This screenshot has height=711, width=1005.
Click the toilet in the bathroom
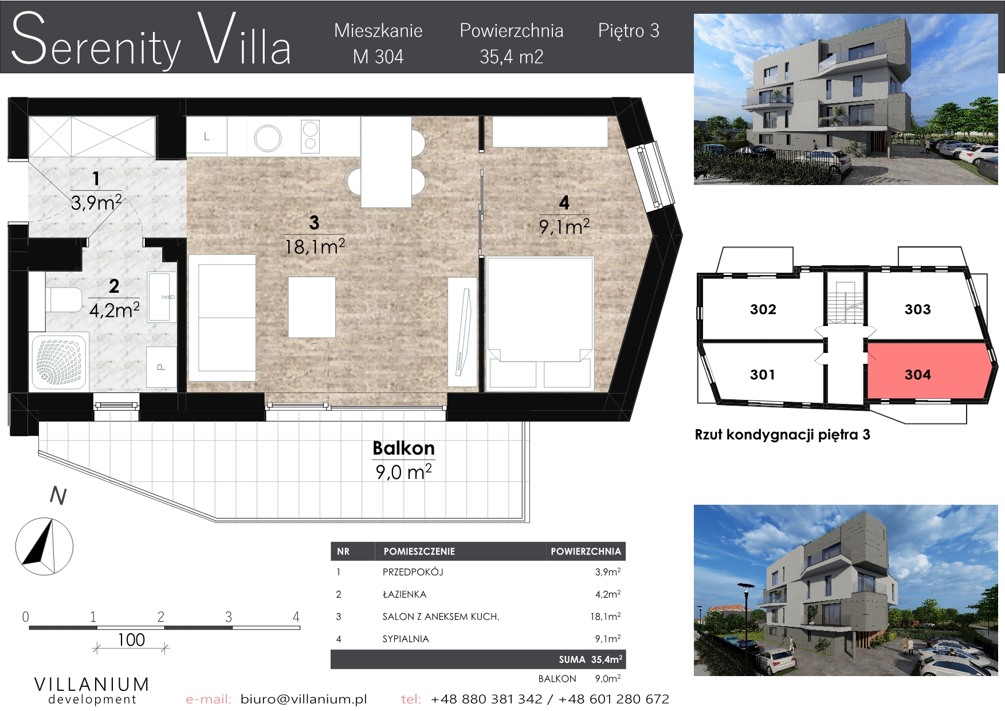pos(64,300)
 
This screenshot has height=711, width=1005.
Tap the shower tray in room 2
pos(59,361)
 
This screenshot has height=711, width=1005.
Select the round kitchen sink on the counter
pos(268,138)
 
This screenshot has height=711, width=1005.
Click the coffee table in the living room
pos(312,307)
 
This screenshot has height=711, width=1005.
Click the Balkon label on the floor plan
pos(403,448)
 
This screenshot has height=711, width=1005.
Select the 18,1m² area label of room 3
pos(315,247)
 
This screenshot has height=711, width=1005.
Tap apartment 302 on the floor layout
pos(763,309)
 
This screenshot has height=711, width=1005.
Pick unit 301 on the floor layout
pos(763,375)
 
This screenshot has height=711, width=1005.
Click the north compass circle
pos(44,547)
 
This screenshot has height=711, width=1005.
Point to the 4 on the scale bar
pos(296,617)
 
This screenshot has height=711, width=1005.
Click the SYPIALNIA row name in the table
pos(406,639)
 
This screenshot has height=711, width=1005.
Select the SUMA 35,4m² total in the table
pos(590,659)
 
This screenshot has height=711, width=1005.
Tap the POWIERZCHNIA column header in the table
pos(586,551)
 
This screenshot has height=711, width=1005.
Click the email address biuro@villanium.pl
pos(304,699)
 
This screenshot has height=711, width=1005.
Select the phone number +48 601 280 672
pos(614,699)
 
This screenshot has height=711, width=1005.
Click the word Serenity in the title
pos(96,40)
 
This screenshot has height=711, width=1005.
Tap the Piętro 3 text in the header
pos(629,31)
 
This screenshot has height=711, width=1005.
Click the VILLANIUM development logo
pos(92,690)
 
